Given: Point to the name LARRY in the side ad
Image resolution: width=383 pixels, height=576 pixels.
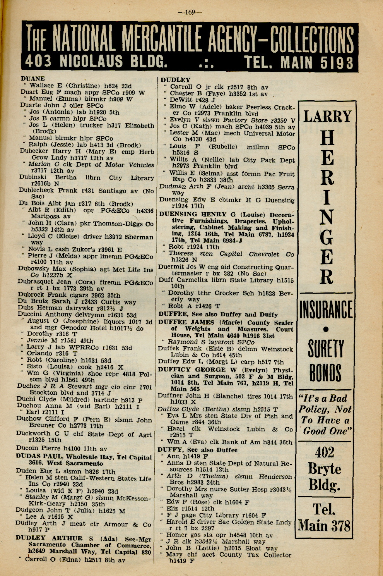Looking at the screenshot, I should pyautogui.click(x=327, y=116).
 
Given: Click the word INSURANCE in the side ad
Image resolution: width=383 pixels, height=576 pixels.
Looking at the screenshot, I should pyautogui.click(x=326, y=311).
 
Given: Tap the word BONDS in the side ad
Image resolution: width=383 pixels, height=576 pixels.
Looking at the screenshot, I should pyautogui.click(x=325, y=373).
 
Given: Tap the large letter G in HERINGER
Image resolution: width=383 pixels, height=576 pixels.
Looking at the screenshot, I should pyautogui.click(x=326, y=237).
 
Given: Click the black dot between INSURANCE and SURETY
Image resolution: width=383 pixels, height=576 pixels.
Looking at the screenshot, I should pyautogui.click(x=326, y=329).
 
